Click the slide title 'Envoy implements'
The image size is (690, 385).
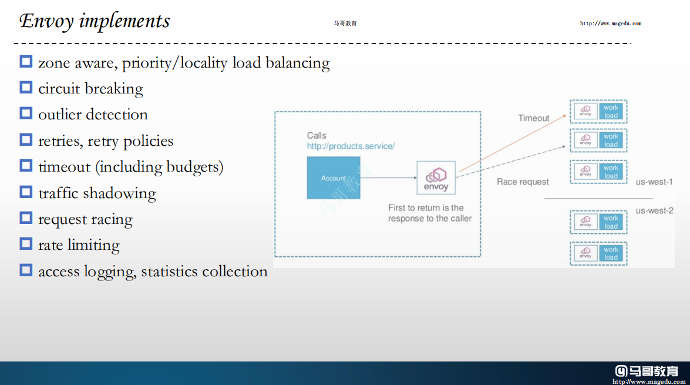(x=95, y=21)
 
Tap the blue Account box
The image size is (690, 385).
(x=334, y=178)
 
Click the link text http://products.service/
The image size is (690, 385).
(x=351, y=146)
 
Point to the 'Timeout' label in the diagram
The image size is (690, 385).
(x=533, y=118)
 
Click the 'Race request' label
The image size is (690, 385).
(x=523, y=182)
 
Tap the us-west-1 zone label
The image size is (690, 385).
(x=654, y=182)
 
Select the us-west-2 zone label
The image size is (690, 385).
(x=654, y=210)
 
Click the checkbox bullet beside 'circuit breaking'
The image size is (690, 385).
(x=26, y=88)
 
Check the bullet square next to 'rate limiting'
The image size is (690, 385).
(x=26, y=243)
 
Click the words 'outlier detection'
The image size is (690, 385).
(x=93, y=115)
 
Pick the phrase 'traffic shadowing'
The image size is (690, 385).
(x=97, y=193)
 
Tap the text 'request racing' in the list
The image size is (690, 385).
(x=85, y=219)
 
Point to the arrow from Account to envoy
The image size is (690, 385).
(x=388, y=178)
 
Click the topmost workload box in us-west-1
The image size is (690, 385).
(x=598, y=112)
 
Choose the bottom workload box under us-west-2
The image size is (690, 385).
(x=598, y=253)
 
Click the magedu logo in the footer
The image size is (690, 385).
(x=647, y=371)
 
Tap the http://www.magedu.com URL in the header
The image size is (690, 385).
(x=610, y=24)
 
